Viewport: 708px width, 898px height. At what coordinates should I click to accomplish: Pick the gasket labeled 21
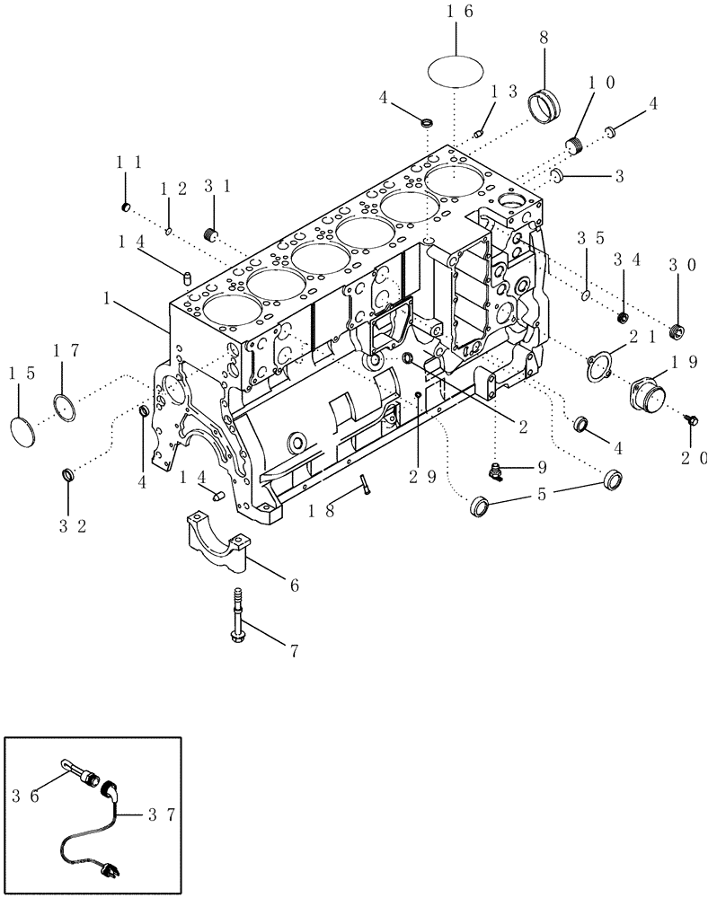point(599,365)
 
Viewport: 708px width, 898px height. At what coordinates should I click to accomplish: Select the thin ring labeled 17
point(65,405)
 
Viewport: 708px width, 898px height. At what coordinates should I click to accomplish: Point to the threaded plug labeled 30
point(675,331)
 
